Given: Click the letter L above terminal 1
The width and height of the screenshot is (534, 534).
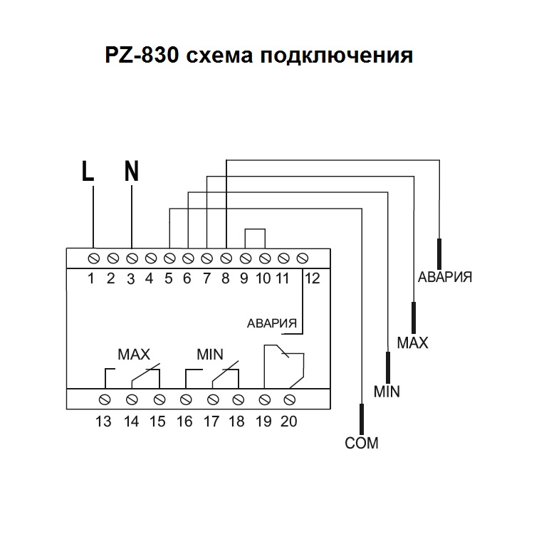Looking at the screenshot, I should click(x=88, y=172).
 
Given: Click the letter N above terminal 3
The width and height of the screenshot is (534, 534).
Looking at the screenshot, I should click(x=132, y=172).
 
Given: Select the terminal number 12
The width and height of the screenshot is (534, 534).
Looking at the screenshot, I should click(x=311, y=278).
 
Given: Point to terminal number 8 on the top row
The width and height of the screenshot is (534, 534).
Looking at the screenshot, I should click(x=225, y=278).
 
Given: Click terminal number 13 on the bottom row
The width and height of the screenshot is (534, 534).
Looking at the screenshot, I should click(x=104, y=422).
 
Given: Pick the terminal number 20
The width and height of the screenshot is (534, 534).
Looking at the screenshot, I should click(x=288, y=422).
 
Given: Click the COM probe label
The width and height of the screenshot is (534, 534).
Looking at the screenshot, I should click(x=362, y=444).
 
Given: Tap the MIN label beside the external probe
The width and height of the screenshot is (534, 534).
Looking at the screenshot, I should click(x=387, y=392).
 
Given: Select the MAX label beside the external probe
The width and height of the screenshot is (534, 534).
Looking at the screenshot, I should click(x=412, y=343).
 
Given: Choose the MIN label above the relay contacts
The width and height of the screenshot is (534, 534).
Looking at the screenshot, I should click(x=209, y=354).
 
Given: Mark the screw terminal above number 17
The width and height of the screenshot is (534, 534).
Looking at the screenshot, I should click(x=212, y=398).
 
